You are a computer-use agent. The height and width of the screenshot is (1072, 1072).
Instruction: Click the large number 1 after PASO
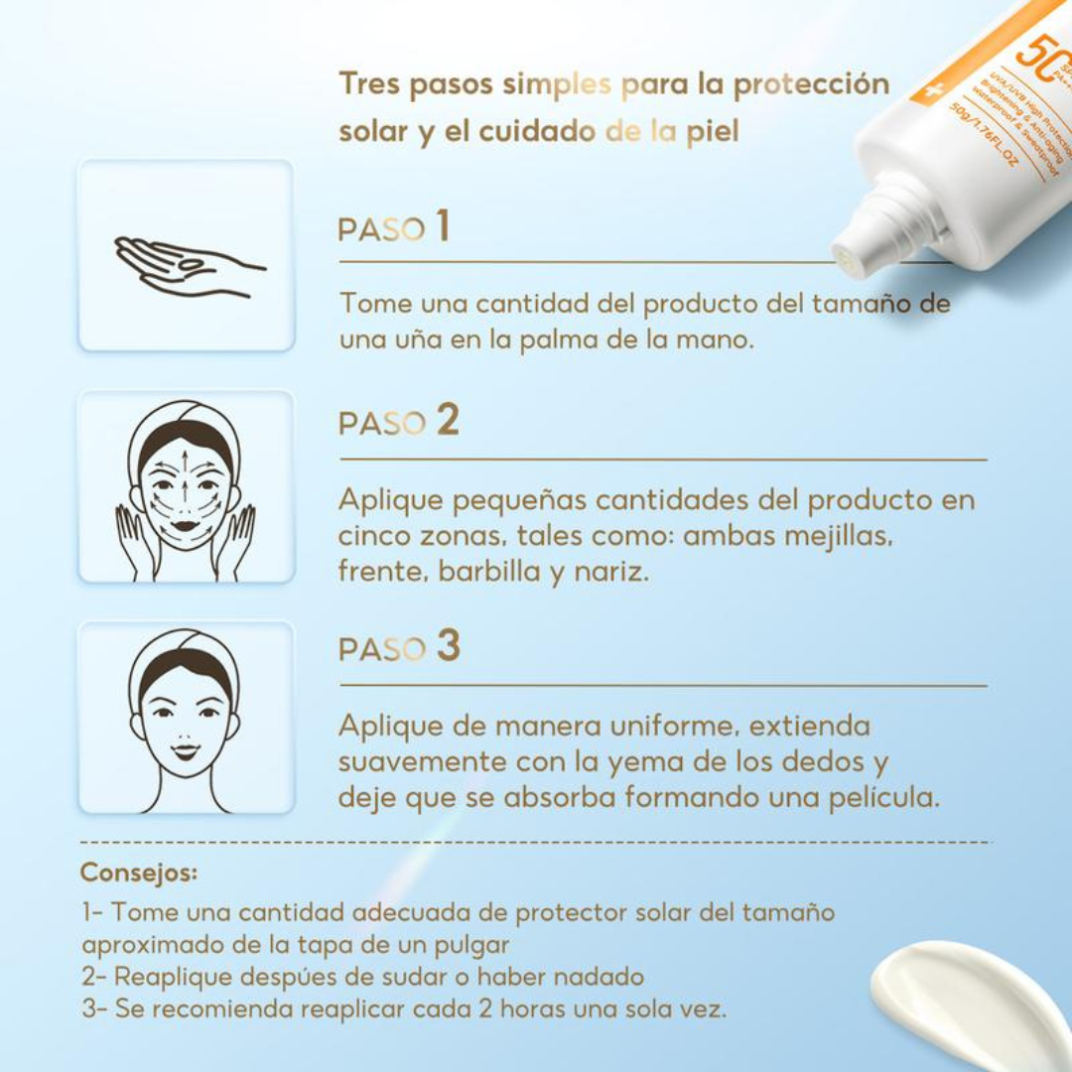442,226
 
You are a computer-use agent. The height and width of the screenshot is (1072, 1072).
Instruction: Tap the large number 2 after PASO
448,421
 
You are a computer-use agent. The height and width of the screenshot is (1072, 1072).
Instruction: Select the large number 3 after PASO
449,646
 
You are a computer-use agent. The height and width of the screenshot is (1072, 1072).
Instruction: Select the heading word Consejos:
139,872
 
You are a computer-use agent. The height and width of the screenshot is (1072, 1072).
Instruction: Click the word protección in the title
811,84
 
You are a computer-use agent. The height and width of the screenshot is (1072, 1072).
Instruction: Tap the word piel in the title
713,132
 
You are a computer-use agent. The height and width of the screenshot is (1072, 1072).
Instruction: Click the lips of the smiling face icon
186,745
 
